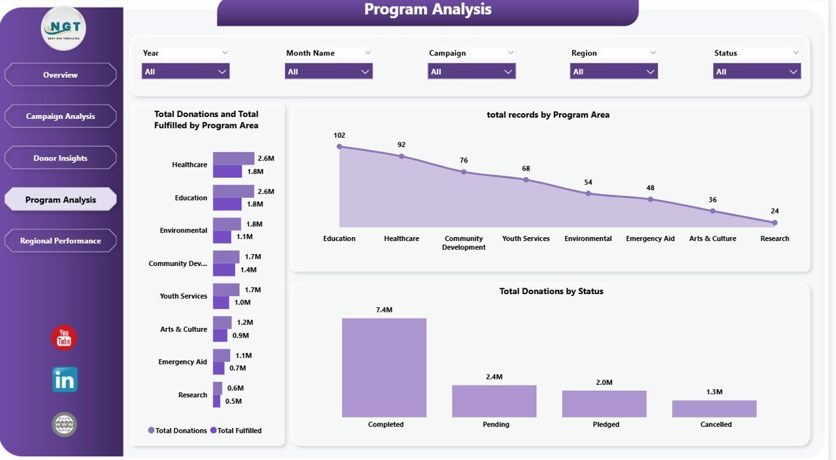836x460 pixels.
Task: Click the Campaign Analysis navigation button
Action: point(61,116)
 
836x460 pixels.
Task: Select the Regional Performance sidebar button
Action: point(61,240)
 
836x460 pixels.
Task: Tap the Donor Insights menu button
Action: point(61,158)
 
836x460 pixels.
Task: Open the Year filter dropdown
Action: point(185,71)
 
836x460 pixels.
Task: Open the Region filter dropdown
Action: point(614,71)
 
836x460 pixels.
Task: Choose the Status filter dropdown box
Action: point(757,71)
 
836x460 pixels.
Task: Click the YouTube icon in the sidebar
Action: point(64,338)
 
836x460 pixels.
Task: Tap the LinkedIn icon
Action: point(65,380)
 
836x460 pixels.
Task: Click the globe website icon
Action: point(64,425)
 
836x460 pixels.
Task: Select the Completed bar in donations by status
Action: point(384,367)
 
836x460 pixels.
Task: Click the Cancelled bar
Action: point(714,408)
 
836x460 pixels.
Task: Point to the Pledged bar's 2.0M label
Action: point(604,382)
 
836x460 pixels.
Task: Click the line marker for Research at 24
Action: point(775,223)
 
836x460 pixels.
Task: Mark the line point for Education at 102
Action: point(339,146)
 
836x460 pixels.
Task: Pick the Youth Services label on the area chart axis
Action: point(526,238)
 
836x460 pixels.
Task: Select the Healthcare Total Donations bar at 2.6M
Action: point(233,158)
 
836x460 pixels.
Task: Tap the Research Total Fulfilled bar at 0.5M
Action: point(217,401)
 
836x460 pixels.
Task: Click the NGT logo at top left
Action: point(63,29)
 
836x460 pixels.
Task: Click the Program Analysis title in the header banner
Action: point(428,10)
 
